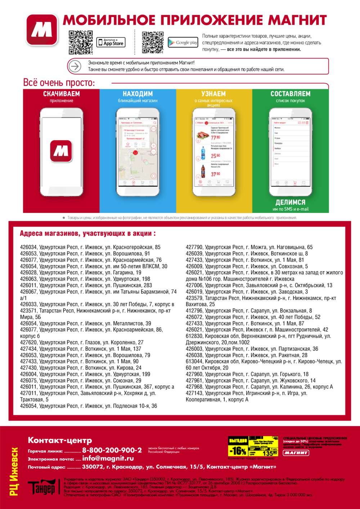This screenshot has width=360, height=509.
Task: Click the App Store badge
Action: click(111, 42)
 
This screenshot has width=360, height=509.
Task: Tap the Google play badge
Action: click(183, 42)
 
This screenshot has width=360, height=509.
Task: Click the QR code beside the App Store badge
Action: click(81, 42)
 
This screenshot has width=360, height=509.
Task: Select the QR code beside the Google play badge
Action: click(153, 42)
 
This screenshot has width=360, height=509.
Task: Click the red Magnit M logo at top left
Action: click(42, 30)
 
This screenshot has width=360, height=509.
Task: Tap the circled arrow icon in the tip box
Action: click(75, 66)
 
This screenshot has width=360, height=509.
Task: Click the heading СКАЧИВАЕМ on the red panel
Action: click(62, 94)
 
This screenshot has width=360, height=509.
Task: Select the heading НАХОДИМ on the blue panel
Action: click(138, 94)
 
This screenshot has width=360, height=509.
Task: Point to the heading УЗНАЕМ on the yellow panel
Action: click(213, 94)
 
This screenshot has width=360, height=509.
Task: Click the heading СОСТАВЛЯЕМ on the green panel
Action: click(291, 94)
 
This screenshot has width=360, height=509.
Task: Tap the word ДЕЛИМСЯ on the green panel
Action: click(291, 203)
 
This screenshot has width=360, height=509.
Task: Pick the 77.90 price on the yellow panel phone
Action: click(215, 138)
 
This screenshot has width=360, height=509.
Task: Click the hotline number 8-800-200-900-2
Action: click(112, 450)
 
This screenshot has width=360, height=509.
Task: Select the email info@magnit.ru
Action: click(108, 459)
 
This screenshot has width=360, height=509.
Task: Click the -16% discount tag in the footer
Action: click(238, 451)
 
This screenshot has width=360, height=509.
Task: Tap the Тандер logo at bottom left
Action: click(41, 487)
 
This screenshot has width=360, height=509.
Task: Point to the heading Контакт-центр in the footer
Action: click(60, 440)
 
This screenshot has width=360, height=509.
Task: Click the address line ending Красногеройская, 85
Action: click(90, 247)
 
